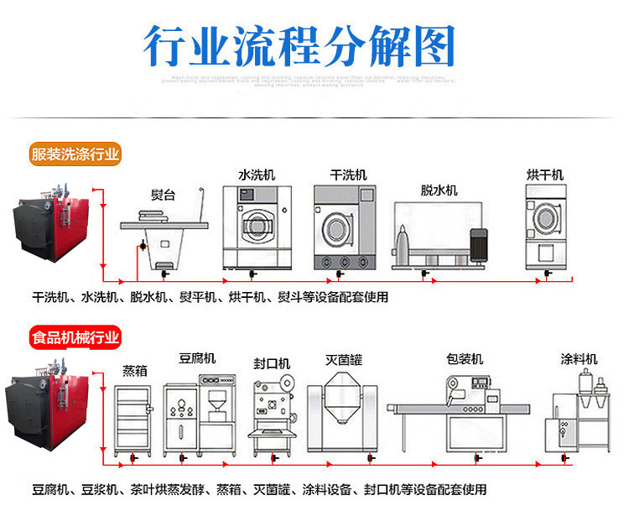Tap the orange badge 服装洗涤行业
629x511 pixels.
(x=75, y=154)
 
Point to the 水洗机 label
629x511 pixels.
(x=256, y=175)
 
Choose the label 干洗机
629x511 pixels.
(x=348, y=175)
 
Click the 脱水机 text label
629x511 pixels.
(x=439, y=190)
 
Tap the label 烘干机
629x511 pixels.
(x=545, y=175)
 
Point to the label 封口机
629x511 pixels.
(x=272, y=363)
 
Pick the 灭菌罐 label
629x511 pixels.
(x=344, y=360)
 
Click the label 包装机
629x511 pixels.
(x=465, y=359)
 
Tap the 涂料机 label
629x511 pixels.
(x=580, y=359)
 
